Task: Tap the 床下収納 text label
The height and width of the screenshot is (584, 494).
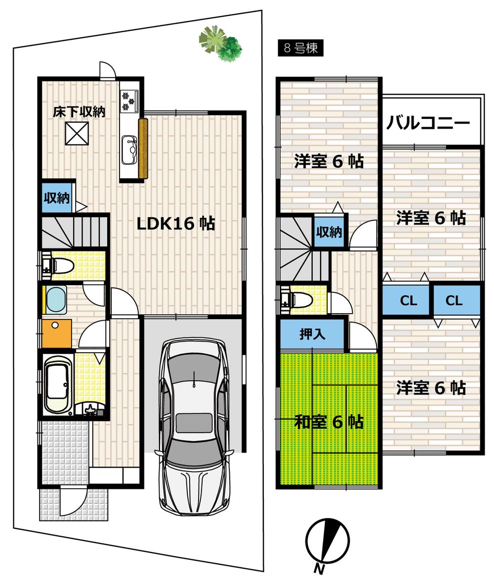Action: tap(79, 111)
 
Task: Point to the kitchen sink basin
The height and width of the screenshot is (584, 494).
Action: tap(129, 148)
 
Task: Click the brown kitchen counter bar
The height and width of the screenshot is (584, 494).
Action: tap(143, 148)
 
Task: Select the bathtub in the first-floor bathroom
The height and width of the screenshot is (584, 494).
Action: tap(58, 383)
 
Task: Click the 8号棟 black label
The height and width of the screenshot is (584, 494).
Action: tap(300, 48)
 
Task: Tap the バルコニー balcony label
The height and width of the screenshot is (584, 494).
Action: tap(428, 122)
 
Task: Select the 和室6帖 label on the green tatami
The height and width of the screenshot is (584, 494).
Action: tap(329, 422)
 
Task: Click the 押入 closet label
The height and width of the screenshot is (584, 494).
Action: tap(312, 334)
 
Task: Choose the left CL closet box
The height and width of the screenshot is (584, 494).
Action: tap(408, 300)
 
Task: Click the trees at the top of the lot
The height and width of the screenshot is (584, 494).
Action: tap(221, 43)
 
